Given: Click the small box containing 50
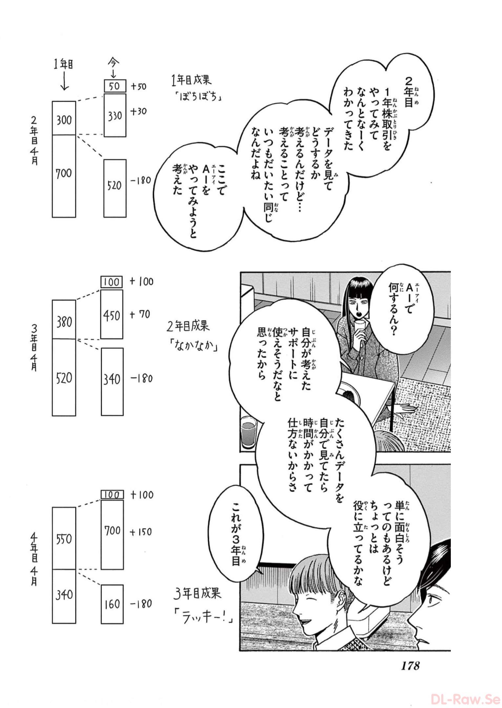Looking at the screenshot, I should pos(115,86).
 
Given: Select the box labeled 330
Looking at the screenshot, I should pos(115,115).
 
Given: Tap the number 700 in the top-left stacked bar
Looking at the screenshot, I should pos(64,173).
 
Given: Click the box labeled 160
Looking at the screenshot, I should pos(112,604).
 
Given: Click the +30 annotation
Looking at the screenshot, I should pos(138,111).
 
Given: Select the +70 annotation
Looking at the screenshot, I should pos(140,315).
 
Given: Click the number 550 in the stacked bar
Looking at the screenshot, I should pos(64,539).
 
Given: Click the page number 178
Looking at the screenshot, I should pos(409,666).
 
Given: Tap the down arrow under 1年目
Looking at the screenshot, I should pos(64,81).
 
